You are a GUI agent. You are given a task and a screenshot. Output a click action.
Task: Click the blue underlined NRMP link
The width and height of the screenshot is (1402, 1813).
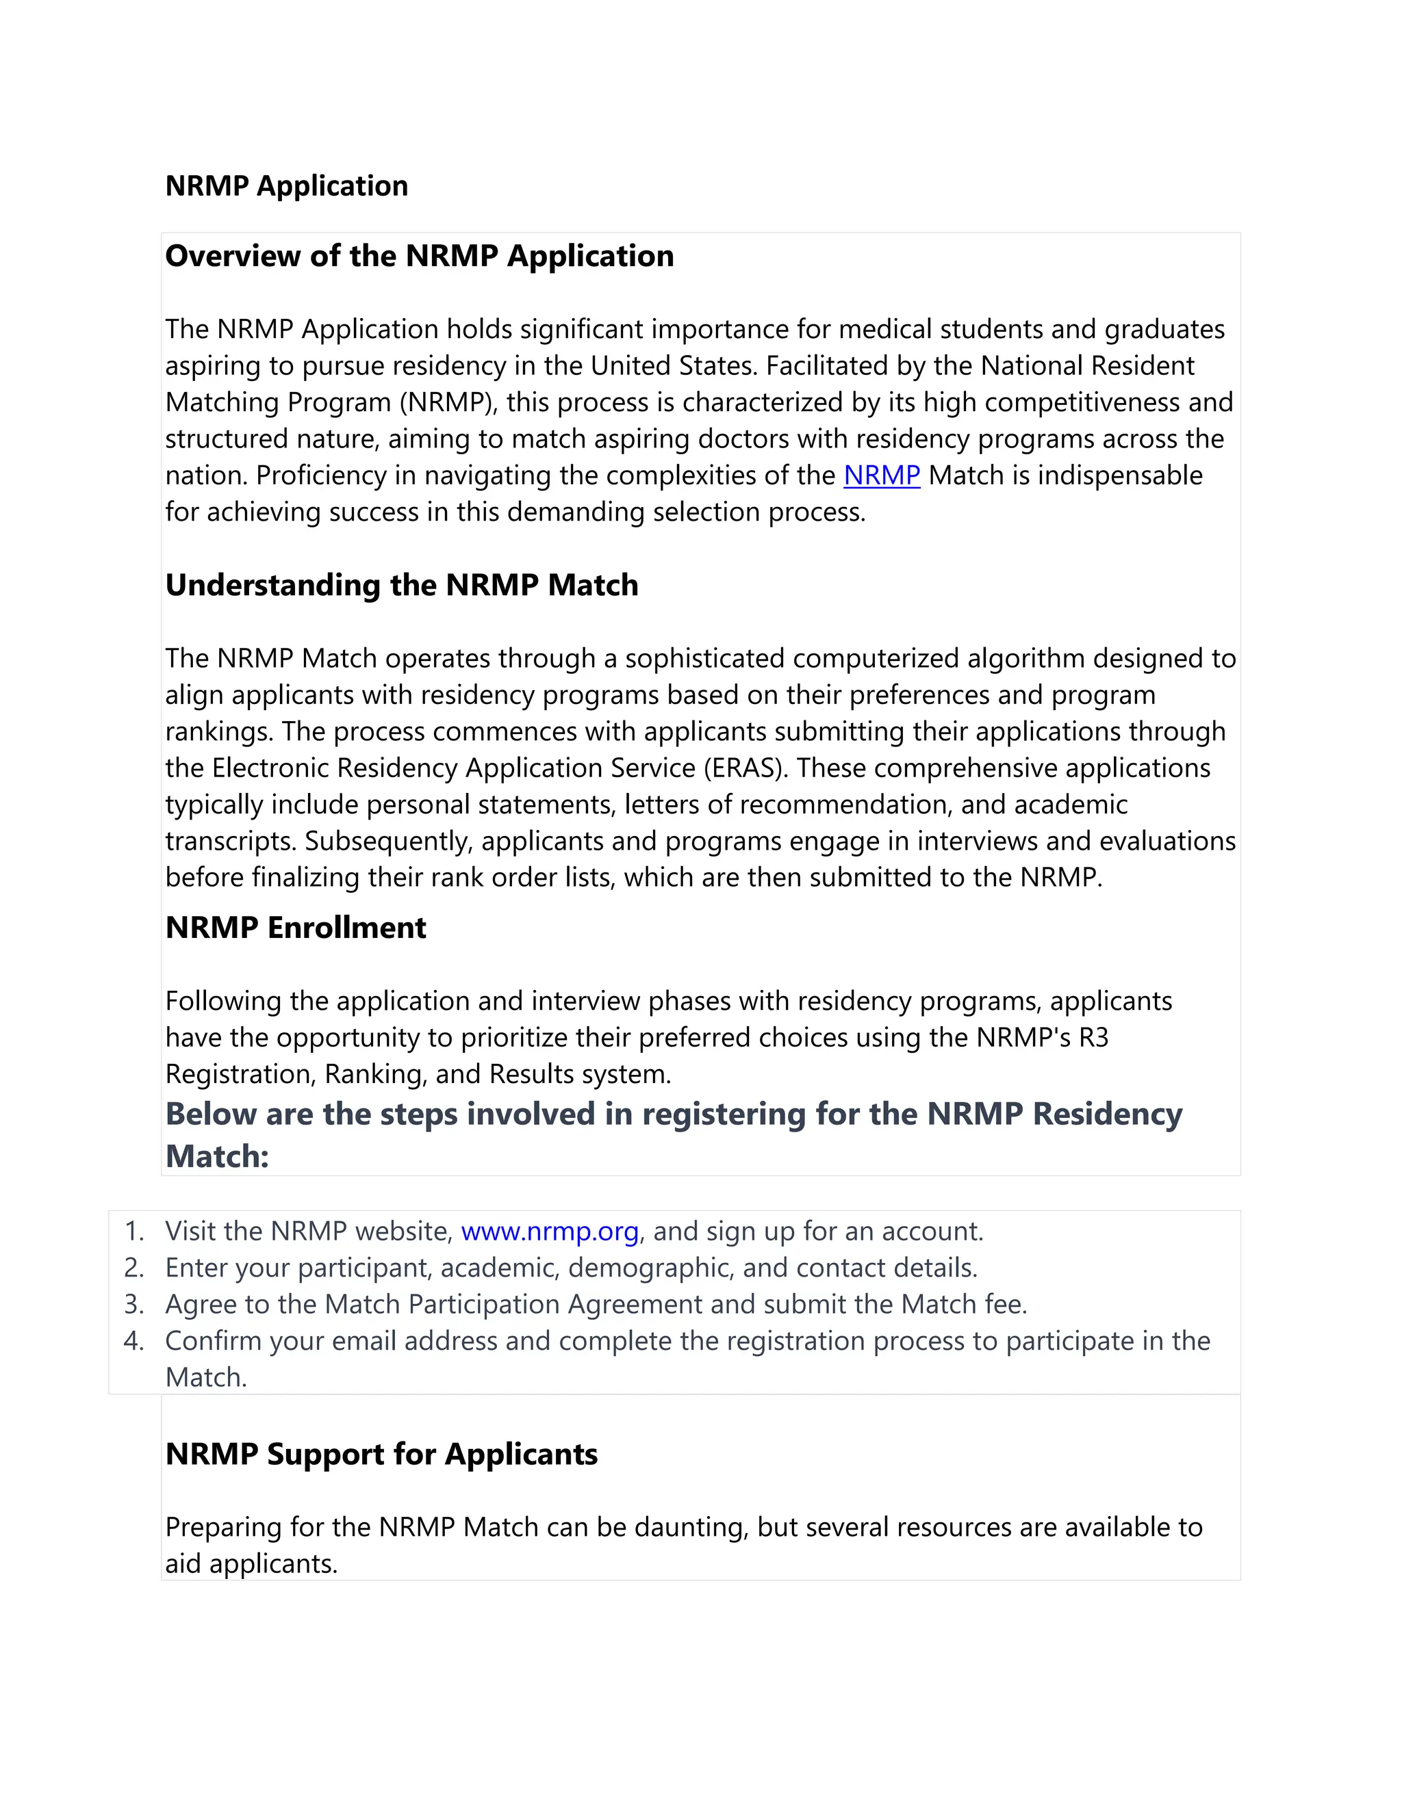[x=881, y=475]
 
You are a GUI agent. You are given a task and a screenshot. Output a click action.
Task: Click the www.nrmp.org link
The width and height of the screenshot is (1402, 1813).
[x=549, y=1231]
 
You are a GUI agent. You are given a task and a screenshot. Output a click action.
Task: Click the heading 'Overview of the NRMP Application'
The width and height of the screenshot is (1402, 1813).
[x=420, y=256]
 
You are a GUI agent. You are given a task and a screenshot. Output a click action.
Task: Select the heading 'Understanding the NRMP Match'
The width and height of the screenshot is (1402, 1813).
[x=402, y=585]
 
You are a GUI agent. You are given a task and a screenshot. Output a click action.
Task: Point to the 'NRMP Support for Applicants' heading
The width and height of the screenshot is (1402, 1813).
[x=381, y=1454]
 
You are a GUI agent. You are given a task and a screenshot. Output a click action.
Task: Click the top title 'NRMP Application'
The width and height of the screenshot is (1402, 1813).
[x=287, y=186]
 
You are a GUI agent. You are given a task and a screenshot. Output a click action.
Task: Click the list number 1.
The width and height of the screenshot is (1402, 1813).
[x=133, y=1231]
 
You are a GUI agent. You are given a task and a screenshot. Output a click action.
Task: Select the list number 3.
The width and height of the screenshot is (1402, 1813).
[x=133, y=1304]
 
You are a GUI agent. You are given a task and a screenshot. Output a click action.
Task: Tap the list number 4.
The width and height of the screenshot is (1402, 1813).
[x=133, y=1341]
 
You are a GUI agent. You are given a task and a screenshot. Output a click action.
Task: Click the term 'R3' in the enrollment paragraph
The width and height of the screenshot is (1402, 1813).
[x=1094, y=1038]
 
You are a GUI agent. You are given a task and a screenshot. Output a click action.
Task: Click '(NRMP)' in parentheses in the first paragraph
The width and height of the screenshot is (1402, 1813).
[x=448, y=402]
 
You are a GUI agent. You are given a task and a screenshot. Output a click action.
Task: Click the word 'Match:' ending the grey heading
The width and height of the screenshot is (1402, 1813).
[x=217, y=1156]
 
